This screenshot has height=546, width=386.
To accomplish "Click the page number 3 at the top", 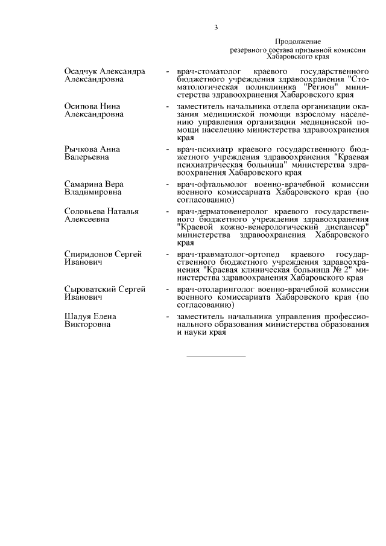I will tap(215, 27).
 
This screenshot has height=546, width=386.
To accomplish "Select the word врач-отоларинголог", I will tap(217, 290).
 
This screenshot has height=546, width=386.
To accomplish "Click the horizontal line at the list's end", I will tap(216, 357).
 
